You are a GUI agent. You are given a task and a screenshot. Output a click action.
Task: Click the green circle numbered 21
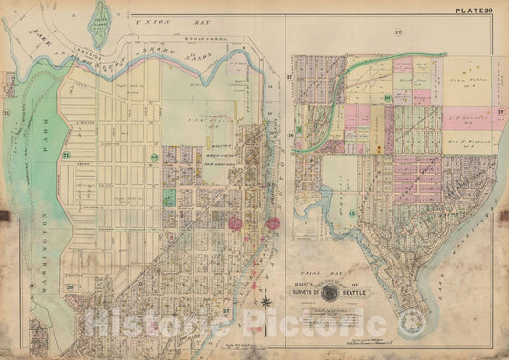pos(66,155)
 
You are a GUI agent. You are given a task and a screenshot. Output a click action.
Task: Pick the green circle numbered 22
pos(154,157)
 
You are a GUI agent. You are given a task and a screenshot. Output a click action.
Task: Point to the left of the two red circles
pos(235,222)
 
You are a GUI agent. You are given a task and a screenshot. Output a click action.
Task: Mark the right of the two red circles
pos(273,223)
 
